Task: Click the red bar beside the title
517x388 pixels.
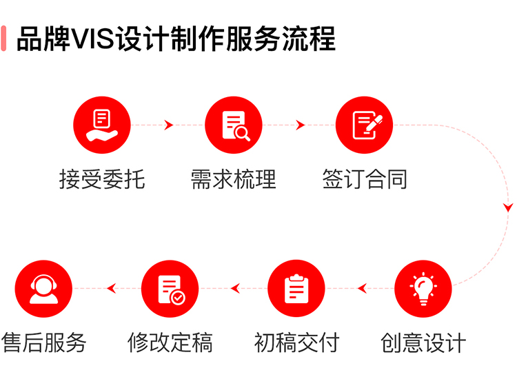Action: click(x=3, y=39)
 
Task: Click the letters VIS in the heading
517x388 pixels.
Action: click(x=92, y=39)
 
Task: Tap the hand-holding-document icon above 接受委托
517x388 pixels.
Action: click(x=102, y=125)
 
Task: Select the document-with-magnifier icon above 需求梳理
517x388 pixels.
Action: click(x=236, y=125)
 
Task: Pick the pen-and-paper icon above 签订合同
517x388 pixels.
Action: click(x=367, y=125)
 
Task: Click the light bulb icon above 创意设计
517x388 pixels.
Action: click(x=423, y=289)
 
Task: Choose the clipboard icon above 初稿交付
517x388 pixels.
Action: click(x=296, y=289)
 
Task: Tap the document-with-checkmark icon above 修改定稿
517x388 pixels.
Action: click(x=172, y=289)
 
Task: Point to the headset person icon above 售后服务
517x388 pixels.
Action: click(x=43, y=289)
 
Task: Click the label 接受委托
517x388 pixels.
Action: click(x=102, y=179)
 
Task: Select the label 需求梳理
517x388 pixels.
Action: click(x=234, y=179)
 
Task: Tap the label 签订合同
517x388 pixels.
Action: click(x=365, y=179)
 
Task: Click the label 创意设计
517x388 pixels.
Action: click(x=423, y=343)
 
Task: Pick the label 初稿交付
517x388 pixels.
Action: click(x=296, y=343)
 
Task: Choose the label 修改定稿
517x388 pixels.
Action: click(x=170, y=343)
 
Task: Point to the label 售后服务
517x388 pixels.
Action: click(x=43, y=343)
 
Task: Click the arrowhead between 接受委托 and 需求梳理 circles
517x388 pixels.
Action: click(x=169, y=125)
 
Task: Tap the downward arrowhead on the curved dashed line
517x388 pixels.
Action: click(x=508, y=207)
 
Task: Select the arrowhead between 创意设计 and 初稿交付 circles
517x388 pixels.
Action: click(x=363, y=289)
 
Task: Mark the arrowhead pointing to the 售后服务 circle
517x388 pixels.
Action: click(x=112, y=289)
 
